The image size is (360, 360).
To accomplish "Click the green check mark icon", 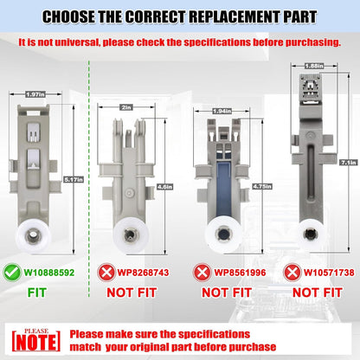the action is pos(12,273).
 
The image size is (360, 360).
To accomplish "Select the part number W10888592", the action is pos(49,273).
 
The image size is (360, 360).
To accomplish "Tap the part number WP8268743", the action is pos(143,273).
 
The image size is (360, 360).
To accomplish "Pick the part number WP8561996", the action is pos(240,273).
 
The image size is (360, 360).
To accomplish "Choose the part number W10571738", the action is pos(329,273).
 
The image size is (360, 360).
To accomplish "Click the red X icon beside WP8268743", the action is pos(106,273).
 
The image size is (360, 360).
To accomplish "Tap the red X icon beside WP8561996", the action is pos(202,273).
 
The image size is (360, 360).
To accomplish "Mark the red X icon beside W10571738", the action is pos(292,273).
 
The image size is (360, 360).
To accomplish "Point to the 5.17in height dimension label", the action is pos(74,180).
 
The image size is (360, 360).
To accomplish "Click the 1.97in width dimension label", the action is pos(35,94).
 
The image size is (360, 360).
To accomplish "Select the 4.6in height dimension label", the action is pos(164,187).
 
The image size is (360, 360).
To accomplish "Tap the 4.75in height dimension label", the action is pos(262,186).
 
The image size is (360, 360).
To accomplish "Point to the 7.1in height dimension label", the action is pos(349,163).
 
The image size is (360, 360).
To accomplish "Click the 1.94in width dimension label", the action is pos(222,111).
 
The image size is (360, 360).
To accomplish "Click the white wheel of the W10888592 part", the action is pos(33,236).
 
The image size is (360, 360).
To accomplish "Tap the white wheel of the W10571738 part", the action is pos(311,234).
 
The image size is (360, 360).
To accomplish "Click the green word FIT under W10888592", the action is pos(36,292).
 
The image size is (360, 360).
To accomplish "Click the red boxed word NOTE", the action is pos(36,342).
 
